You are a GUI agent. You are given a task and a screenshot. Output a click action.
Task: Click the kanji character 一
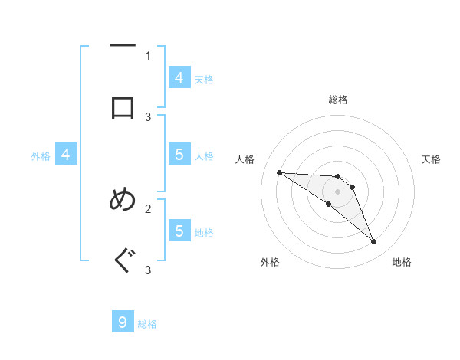[x=123, y=46]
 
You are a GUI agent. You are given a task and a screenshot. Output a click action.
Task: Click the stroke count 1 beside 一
[x=148, y=55]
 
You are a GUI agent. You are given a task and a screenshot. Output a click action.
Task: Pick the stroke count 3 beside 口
[x=148, y=116]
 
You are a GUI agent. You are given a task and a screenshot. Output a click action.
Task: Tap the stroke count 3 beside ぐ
[x=148, y=270]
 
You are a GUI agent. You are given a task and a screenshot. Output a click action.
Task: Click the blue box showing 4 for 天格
[x=179, y=77]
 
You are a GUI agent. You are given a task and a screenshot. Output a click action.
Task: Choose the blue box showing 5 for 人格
[x=179, y=154]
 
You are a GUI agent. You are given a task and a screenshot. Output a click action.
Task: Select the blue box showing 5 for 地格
[x=179, y=230]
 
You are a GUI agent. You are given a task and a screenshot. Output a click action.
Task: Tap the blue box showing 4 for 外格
[x=66, y=155]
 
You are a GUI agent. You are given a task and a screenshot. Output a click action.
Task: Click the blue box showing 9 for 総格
[x=123, y=322]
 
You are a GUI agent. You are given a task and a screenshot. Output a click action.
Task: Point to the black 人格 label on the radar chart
[x=245, y=159]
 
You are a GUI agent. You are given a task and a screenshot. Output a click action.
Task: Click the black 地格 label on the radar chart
[x=402, y=262]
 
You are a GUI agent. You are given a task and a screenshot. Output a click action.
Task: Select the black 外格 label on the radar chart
[x=270, y=262]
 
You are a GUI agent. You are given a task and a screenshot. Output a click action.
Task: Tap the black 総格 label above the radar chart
[x=337, y=100]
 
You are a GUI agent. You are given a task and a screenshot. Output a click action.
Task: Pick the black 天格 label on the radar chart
[x=431, y=159]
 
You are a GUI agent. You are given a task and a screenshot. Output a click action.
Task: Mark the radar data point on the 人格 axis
[x=279, y=172]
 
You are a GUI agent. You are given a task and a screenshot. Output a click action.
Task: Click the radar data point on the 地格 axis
[x=373, y=242]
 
